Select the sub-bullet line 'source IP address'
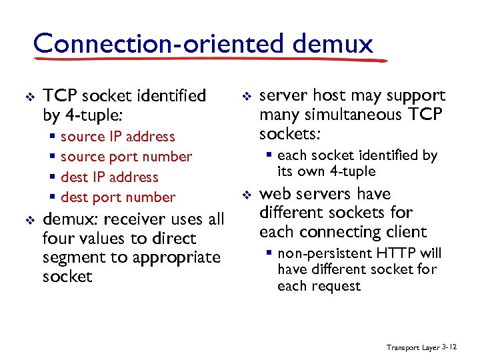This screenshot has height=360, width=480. coord(117,137)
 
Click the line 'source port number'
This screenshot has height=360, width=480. coord(126,157)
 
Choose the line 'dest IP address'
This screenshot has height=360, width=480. coord(109,177)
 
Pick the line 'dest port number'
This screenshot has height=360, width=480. coord(118,197)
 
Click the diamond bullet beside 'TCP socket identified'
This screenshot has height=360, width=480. coord(28,97)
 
